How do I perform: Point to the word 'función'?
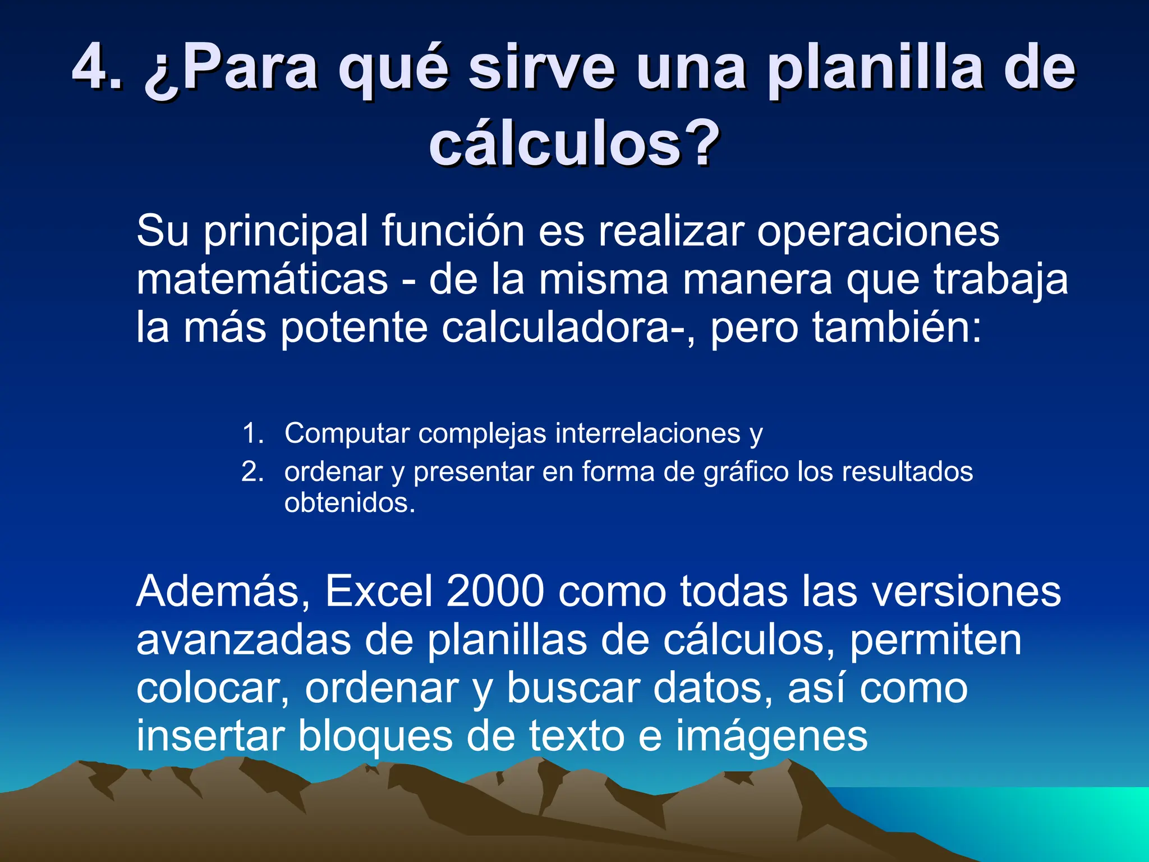point(453,231)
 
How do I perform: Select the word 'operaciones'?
point(878,231)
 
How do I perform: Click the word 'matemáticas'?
point(262,279)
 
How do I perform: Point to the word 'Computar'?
point(347,433)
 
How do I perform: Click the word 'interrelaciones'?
point(647,433)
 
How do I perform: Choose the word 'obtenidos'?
point(346,502)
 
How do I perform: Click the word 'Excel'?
point(379,591)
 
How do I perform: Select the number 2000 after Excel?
point(495,591)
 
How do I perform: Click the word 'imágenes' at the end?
point(771,736)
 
